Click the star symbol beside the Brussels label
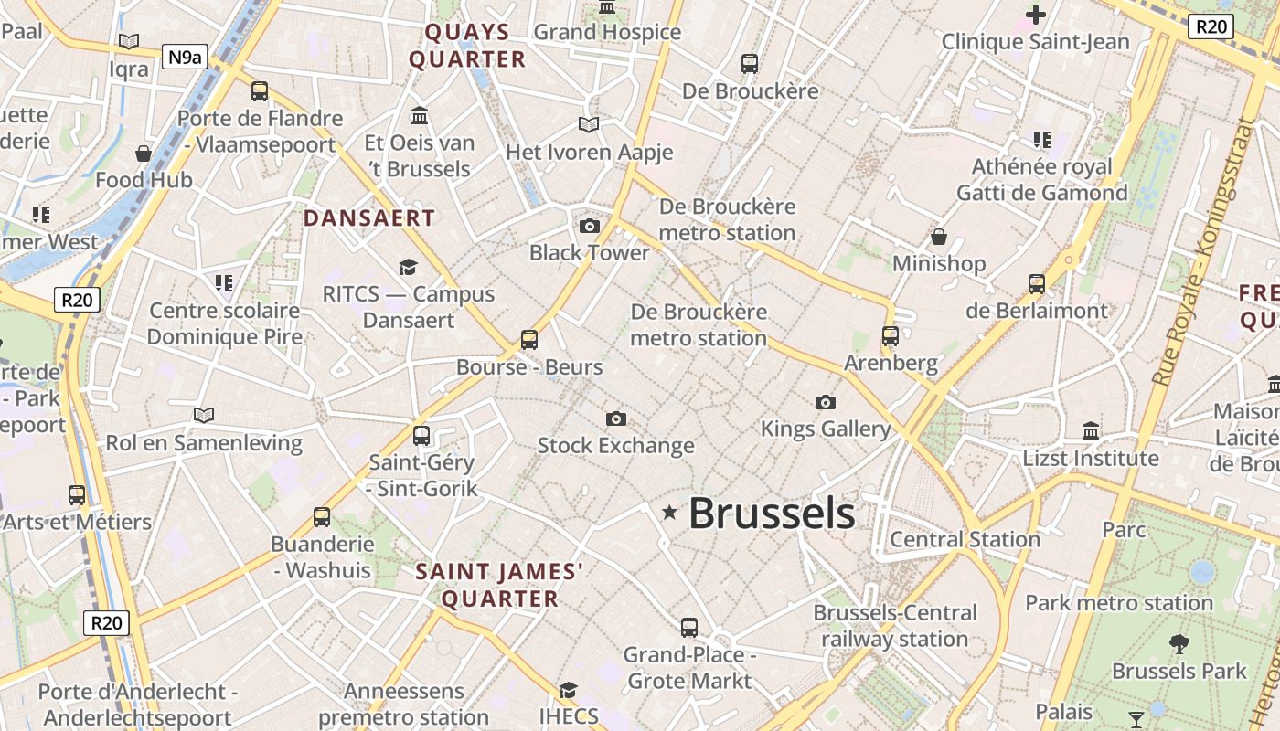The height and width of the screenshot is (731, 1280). pyautogui.click(x=669, y=513)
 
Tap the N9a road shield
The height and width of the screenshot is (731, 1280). pyautogui.click(x=184, y=58)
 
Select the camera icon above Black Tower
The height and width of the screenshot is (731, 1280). pyautogui.click(x=590, y=226)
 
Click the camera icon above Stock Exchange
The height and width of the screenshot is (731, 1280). pyautogui.click(x=616, y=418)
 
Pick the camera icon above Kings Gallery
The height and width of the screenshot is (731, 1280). pyautogui.click(x=825, y=402)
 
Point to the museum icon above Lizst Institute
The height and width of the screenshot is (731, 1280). pyautogui.click(x=1091, y=430)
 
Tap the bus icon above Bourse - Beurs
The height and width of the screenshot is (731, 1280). pyautogui.click(x=529, y=340)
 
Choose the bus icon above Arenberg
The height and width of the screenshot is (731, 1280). pyautogui.click(x=891, y=335)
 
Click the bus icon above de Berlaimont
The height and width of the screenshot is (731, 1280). pyautogui.click(x=1036, y=283)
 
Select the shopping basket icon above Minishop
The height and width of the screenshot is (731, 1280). pyautogui.click(x=939, y=238)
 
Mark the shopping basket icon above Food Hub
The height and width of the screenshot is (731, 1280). pyautogui.click(x=144, y=153)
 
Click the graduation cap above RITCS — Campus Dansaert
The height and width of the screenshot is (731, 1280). pyautogui.click(x=408, y=267)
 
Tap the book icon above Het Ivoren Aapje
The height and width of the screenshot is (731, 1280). pyautogui.click(x=589, y=124)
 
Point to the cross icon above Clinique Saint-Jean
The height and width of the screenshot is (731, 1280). pyautogui.click(x=1035, y=15)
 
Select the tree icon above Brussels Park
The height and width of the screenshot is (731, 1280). pyautogui.click(x=1179, y=643)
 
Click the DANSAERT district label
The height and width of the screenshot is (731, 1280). pyautogui.click(x=369, y=218)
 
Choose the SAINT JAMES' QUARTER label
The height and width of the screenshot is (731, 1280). pyautogui.click(x=499, y=585)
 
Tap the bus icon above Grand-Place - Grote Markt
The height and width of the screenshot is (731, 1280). pyautogui.click(x=689, y=628)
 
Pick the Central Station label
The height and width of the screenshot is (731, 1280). pyautogui.click(x=965, y=539)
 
